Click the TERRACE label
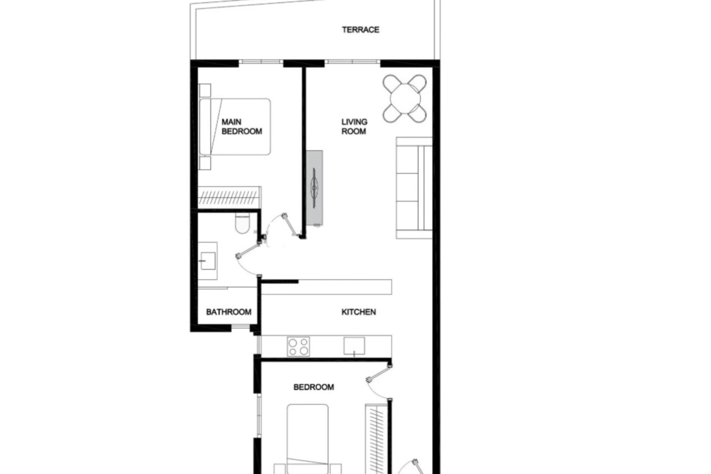[360, 30]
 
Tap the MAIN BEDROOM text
[241, 127]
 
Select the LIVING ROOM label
[354, 127]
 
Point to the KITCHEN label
[358, 312]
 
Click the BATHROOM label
[228, 312]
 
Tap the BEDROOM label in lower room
[314, 387]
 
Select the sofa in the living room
[414, 188]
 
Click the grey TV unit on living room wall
[314, 188]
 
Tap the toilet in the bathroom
[243, 224]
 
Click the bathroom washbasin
[208, 261]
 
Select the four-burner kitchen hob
[298, 347]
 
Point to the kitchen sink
[354, 346]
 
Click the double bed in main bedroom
[236, 127]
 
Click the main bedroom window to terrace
[261, 62]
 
